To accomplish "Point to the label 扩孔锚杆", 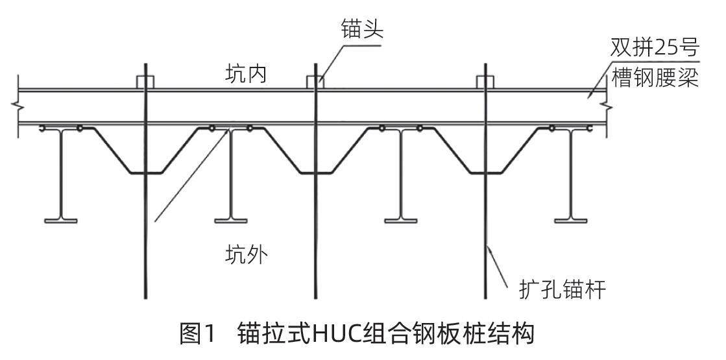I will coord(563,289).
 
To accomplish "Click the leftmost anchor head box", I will coord(145,82).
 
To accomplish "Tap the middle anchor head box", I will coord(315,82).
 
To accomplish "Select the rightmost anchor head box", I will coord(485,82).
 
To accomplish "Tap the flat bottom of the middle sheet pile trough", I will coord(315,173).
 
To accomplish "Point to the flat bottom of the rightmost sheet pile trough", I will coord(485,173).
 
